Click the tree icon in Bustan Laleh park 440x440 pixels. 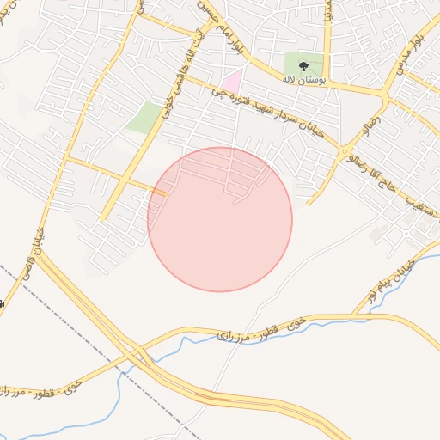tap(302, 64)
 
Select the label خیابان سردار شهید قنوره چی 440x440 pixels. tap(268, 114)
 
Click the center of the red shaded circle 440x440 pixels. tap(220, 219)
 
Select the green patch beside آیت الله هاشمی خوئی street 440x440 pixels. tap(143, 118)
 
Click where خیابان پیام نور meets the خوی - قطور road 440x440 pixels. tap(354, 315)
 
